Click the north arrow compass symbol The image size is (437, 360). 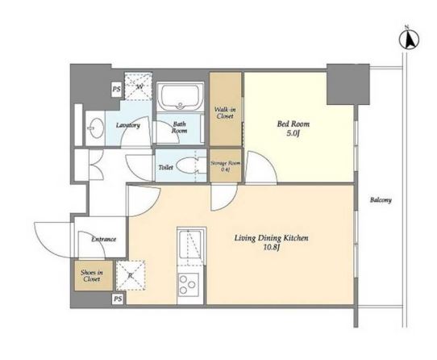click(409, 40)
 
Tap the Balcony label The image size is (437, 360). click(381, 200)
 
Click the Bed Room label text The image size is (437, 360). click(293, 124)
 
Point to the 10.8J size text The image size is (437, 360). click(272, 247)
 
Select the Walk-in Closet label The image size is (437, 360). click(225, 113)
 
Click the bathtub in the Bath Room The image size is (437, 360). click(181, 97)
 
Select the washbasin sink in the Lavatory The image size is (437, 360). click(95, 128)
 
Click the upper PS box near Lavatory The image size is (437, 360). click(116, 90)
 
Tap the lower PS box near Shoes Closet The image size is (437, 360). click(118, 299)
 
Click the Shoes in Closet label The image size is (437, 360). click(91, 276)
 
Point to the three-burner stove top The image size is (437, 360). click(187, 284)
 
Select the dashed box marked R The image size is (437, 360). click(131, 275)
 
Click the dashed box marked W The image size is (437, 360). click(138, 86)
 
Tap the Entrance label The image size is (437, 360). click(104, 239)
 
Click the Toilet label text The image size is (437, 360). click(165, 167)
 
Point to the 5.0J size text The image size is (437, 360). click(293, 133)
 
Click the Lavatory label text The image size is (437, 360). click(128, 125)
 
